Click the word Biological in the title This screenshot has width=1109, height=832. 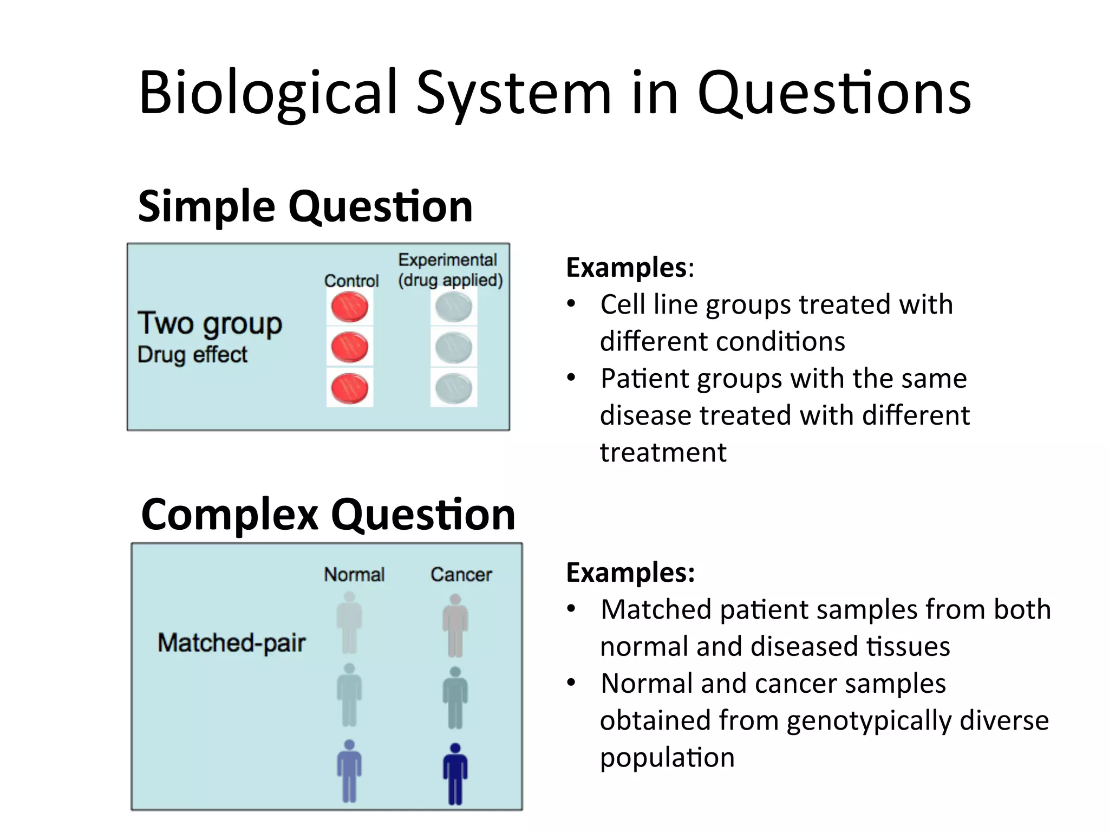coord(268,93)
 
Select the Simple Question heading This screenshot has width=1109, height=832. coord(305,207)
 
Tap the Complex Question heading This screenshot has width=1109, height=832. coord(328,515)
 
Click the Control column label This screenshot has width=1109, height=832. coord(351,281)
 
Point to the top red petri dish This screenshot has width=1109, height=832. coord(350,307)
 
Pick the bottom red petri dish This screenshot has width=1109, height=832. coord(350,388)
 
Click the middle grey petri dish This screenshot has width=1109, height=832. coord(454,347)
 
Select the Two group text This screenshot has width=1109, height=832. coord(210,324)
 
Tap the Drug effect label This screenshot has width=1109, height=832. coord(192,355)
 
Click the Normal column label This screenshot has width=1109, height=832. coord(354,574)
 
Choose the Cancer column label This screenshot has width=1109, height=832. coord(461,574)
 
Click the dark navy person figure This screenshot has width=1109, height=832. coord(455,773)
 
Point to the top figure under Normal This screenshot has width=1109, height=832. coord(349,623)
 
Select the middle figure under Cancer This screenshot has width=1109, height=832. coord(455,698)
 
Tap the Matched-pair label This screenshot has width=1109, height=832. coord(232,643)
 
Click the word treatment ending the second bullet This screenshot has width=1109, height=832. coord(663,452)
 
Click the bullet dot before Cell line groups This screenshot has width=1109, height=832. coord(571,304)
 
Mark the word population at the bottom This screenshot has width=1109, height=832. coord(667,758)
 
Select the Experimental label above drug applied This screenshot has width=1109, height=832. coord(447,260)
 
